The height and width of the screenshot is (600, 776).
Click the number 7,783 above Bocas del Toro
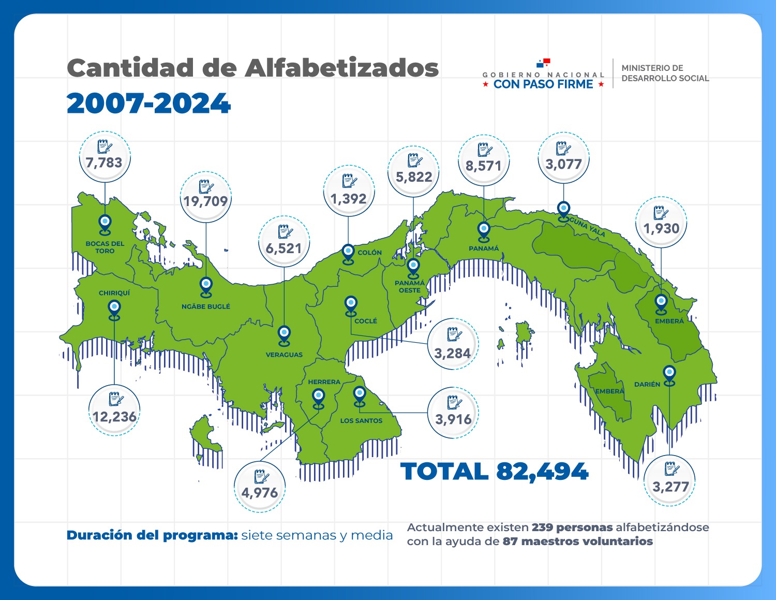point(104,163)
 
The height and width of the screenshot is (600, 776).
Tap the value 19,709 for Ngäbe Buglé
point(206,201)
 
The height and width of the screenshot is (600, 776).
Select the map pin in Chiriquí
point(114,310)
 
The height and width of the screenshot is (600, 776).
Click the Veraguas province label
point(284,355)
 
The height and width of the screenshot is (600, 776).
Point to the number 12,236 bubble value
point(114,417)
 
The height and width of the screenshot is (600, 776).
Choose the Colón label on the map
point(369,253)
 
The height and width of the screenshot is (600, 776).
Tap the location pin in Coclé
point(351,305)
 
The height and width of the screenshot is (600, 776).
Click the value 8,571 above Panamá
point(484,166)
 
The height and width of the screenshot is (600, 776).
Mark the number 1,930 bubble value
point(661,228)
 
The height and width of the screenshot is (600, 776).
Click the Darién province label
point(647,384)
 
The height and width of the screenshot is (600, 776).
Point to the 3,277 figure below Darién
point(670,487)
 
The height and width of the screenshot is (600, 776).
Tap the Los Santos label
point(361,421)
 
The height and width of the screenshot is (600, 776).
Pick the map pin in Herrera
point(319,398)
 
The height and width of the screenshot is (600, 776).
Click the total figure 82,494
point(542,472)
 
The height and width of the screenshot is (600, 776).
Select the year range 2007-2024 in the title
point(148,104)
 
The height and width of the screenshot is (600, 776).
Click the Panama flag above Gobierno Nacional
point(543,63)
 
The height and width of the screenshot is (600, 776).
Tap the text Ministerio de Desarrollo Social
point(665,73)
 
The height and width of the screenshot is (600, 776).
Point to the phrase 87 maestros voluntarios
point(577,542)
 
